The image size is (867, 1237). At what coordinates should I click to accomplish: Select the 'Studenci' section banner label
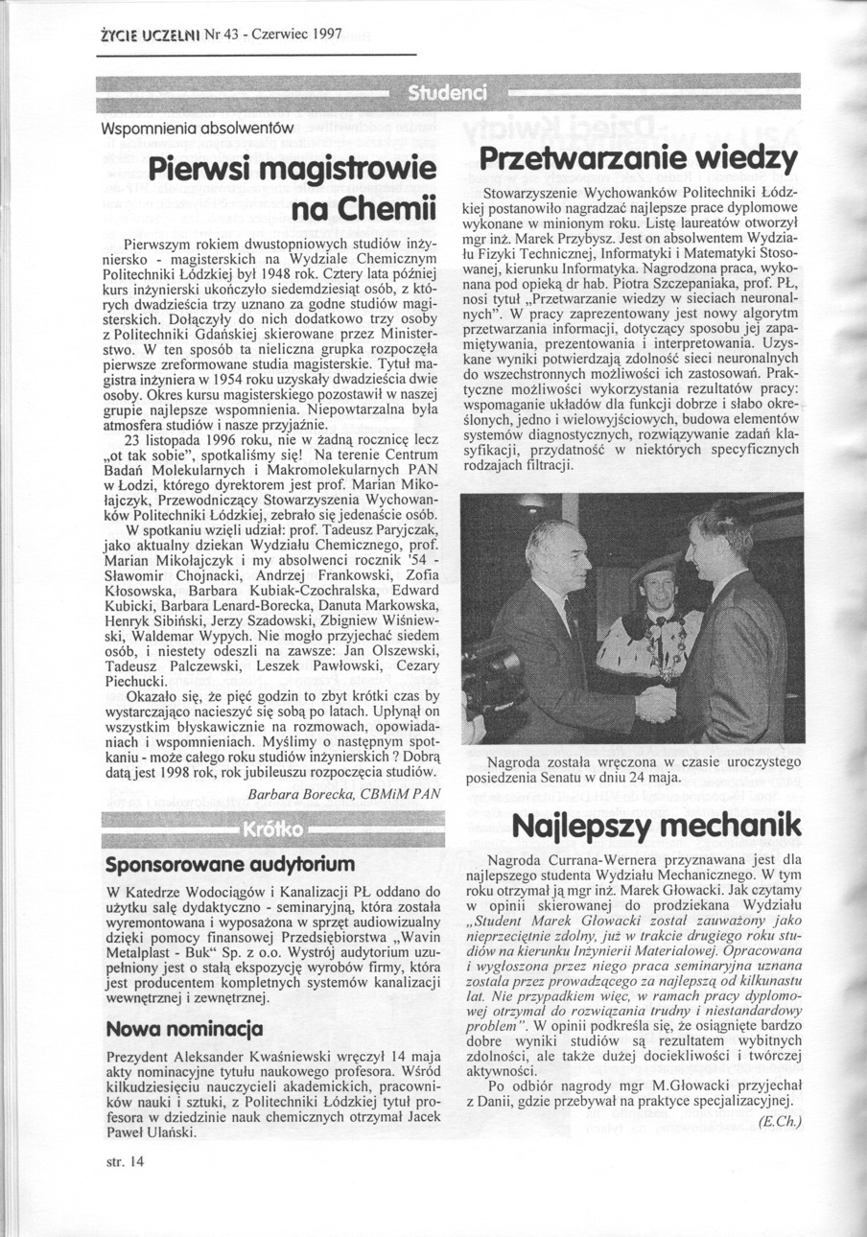[448, 93]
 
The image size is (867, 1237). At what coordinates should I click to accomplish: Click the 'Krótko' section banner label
[273, 829]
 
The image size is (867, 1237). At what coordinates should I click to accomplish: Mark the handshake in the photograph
[657, 704]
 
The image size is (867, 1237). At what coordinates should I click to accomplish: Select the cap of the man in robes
[656, 569]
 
